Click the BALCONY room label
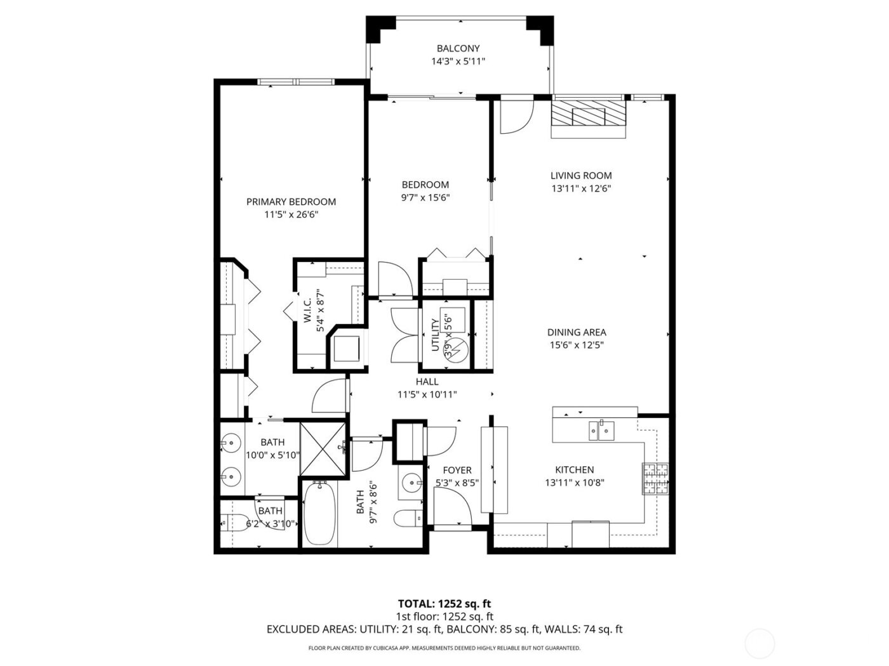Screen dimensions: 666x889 pos(457,48)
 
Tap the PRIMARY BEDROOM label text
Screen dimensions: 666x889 pos(291,202)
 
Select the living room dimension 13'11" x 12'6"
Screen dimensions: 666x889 pos(581,188)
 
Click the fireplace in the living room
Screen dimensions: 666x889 pos(587,115)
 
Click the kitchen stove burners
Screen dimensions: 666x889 pos(657,479)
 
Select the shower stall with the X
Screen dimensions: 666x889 pos(323,448)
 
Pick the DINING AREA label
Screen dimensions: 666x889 pos(577,332)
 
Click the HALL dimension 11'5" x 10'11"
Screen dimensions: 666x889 pos(427,395)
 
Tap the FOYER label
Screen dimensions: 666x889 pos(457,470)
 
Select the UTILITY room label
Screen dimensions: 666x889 pos(435,336)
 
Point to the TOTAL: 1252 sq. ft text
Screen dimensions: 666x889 pos(444,603)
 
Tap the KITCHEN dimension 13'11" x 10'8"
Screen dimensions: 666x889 pos(574,482)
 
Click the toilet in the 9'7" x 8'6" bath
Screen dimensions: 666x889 pos(407,518)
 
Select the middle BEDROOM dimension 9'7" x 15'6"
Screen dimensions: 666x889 pos(425,197)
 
